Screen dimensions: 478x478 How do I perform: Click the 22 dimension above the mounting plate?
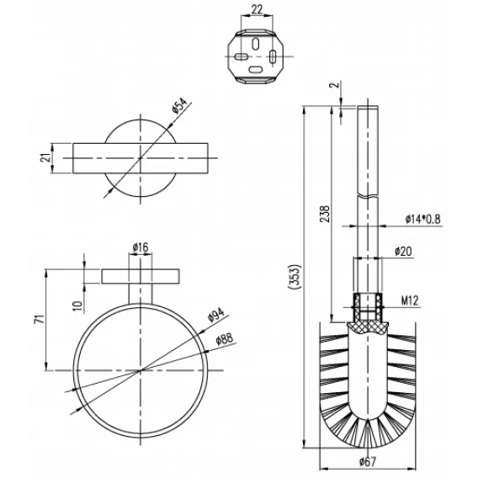click(x=257, y=9)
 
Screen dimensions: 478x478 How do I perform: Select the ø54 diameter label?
click(x=179, y=106)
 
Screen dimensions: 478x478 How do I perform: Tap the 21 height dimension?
click(x=45, y=158)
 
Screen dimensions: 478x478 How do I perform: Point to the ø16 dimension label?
click(x=141, y=247)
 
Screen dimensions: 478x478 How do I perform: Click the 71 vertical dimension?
click(x=40, y=319)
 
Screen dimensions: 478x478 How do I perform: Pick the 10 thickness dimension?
click(x=78, y=305)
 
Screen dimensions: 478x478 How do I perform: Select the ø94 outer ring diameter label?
click(x=216, y=315)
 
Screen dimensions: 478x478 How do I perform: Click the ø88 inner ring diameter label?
click(x=224, y=338)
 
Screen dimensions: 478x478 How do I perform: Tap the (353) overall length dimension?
click(x=295, y=277)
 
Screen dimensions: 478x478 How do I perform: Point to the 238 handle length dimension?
click(x=326, y=214)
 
